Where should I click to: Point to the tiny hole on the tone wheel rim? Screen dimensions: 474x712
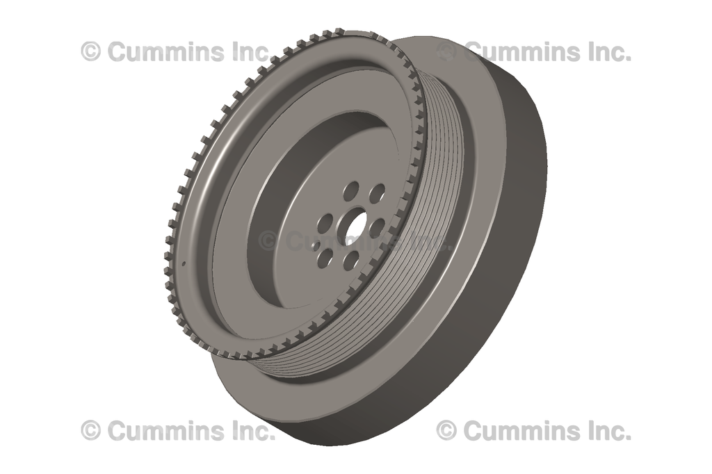coord(183,263)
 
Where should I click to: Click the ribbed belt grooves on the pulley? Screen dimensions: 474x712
coord(445,209)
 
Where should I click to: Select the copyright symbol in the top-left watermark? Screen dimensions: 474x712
coord(91,51)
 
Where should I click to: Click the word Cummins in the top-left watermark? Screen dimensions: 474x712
coord(167,51)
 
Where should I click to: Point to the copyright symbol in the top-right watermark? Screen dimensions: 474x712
coord(446,51)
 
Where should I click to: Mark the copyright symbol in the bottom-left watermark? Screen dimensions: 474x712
coord(91,430)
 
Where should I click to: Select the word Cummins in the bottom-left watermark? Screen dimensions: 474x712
coord(167,430)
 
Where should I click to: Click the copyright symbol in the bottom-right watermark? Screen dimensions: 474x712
coord(446,430)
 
